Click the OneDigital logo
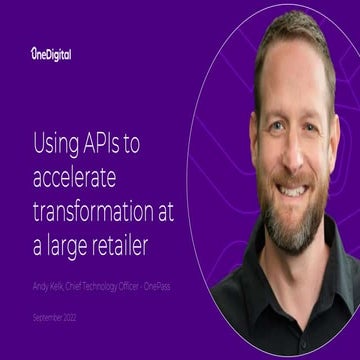[52, 55]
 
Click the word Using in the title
[56, 144]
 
